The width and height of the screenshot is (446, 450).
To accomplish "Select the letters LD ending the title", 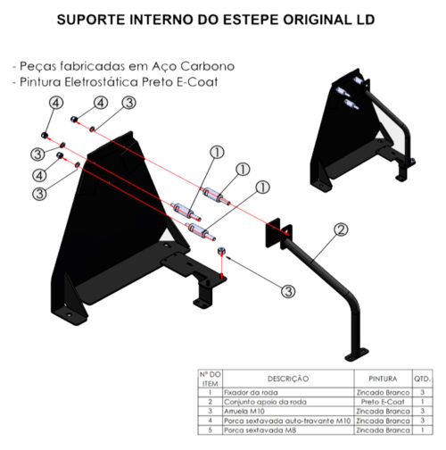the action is pyautogui.click(x=365, y=20).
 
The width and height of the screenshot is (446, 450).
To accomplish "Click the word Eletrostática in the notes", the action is pyautogui.click(x=102, y=81).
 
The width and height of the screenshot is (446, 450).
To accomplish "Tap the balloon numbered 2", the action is pyautogui.click(x=341, y=229).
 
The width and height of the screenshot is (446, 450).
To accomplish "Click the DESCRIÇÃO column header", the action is pyautogui.click(x=288, y=379).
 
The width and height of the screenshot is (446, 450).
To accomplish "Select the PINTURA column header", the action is pyautogui.click(x=383, y=379).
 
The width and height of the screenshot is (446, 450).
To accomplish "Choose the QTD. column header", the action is pyautogui.click(x=422, y=379).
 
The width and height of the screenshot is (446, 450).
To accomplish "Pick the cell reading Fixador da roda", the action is pyautogui.click(x=251, y=393).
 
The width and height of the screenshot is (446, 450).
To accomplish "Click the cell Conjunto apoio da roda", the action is pyautogui.click(x=265, y=402).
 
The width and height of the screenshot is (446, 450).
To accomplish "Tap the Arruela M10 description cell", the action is pyautogui.click(x=244, y=412).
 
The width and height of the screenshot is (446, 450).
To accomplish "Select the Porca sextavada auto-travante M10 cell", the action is pyautogui.click(x=287, y=421).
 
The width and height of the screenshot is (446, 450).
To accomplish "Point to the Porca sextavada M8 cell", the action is pyautogui.click(x=260, y=430).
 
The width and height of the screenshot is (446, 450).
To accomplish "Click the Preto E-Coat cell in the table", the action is pyautogui.click(x=383, y=402).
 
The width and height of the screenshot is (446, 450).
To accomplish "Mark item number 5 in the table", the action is pyautogui.click(x=211, y=430).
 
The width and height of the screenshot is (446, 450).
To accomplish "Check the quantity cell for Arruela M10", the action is pyautogui.click(x=422, y=412).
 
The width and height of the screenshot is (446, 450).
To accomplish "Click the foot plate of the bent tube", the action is pyautogui.click(x=357, y=355).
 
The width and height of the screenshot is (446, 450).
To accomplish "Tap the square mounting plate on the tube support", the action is pyautogui.click(x=273, y=233).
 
